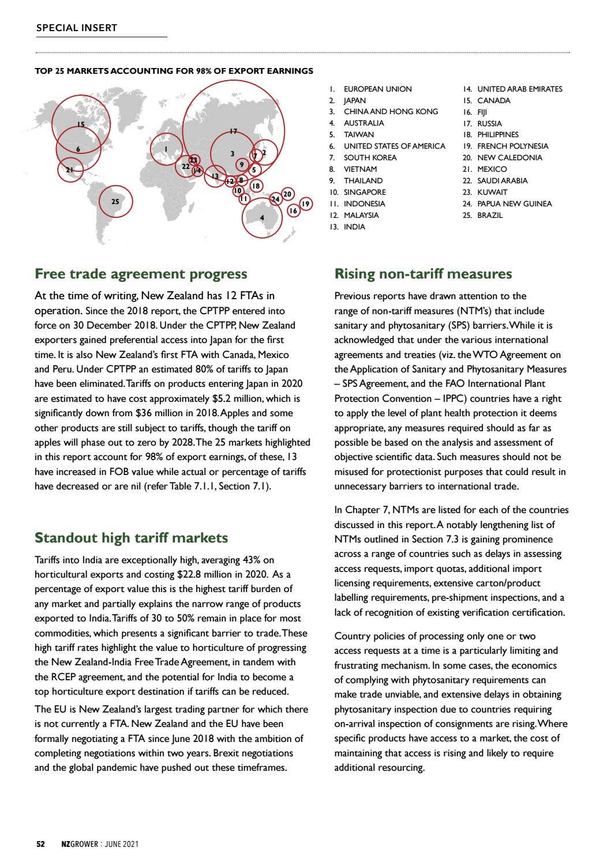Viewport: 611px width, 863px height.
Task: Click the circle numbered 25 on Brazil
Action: (115, 201)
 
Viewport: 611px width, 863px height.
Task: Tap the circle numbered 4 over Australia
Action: (262, 217)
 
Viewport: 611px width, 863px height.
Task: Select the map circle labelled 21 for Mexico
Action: (70, 169)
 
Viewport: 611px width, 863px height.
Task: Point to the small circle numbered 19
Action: (306, 203)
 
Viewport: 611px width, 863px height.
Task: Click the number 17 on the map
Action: (233, 131)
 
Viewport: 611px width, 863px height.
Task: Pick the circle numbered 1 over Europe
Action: (166, 149)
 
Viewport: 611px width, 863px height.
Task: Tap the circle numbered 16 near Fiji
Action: (293, 211)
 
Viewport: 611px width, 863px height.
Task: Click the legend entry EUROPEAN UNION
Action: (377, 89)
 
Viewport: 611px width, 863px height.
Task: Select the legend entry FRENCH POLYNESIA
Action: (512, 146)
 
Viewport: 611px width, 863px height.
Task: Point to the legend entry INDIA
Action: (354, 227)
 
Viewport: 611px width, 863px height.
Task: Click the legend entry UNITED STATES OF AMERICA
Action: (394, 146)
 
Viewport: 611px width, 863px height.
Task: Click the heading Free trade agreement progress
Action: (141, 273)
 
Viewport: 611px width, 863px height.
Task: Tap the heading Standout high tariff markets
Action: (131, 538)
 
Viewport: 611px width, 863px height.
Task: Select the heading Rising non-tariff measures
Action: (423, 273)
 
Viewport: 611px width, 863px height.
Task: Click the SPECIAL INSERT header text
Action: (76, 28)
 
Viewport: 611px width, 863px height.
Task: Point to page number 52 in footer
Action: (40, 844)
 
